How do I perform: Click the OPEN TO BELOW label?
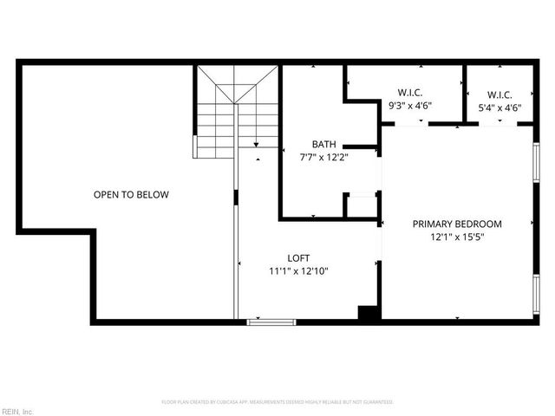click(x=131, y=195)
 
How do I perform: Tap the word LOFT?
click(x=298, y=258)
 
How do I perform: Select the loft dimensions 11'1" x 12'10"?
click(x=298, y=271)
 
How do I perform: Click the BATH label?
click(x=324, y=145)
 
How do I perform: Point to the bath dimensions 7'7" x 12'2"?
click(x=323, y=158)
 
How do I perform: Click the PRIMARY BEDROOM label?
click(x=457, y=224)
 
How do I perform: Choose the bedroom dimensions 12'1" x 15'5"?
click(x=457, y=237)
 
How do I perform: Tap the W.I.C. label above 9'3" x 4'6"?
click(x=410, y=94)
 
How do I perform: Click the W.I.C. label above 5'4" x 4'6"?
click(x=499, y=94)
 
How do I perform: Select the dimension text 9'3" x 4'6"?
click(x=410, y=107)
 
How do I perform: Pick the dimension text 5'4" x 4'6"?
click(x=499, y=107)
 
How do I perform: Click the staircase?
click(x=236, y=113)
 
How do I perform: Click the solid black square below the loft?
click(x=369, y=314)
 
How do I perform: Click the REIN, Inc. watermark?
click(x=17, y=411)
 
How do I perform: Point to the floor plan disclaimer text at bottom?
click(x=277, y=402)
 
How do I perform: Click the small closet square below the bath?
click(x=361, y=205)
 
